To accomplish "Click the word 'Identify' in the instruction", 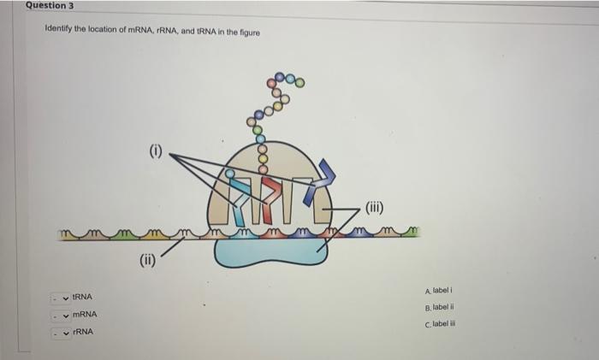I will point(59,32).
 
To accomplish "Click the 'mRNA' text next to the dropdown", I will point(85,314).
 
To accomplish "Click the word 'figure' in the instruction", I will point(249,32).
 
